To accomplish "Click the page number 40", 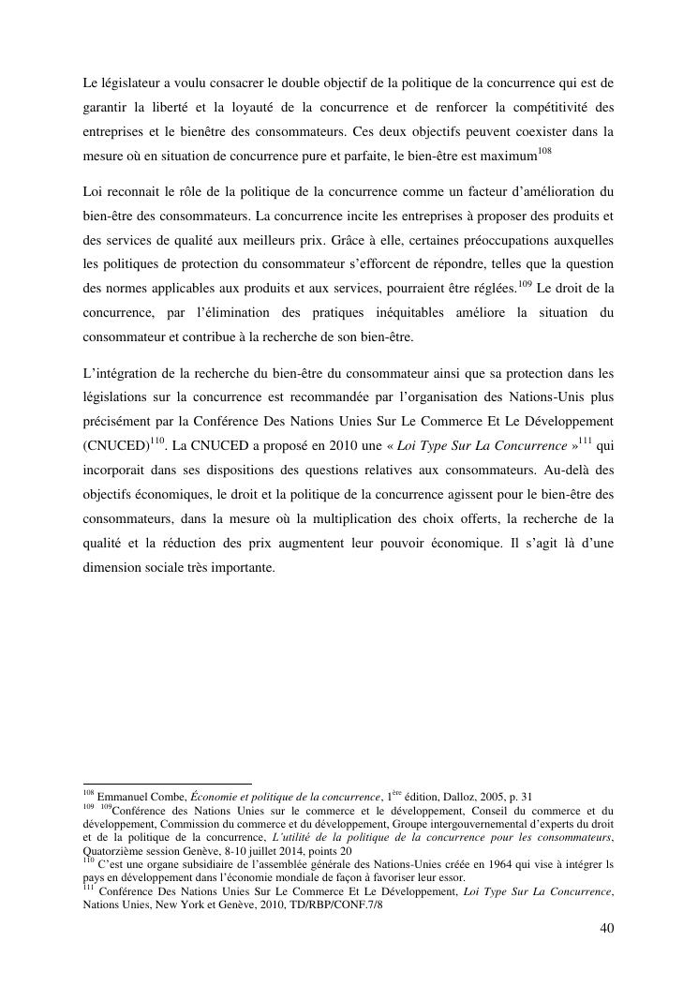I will coord(606,929).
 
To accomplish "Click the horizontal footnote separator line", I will coord(168,784).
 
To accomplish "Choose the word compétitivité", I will coord(549,107).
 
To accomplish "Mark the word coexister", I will coord(509,131).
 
